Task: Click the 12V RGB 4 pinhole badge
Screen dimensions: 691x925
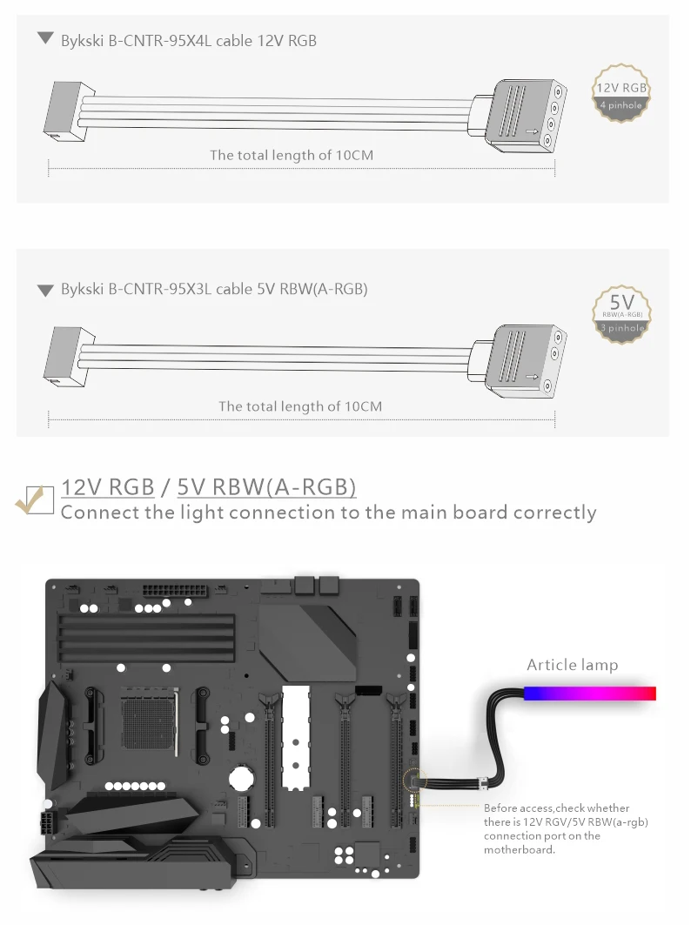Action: click(x=621, y=93)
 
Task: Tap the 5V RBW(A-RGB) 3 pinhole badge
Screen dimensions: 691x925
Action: click(x=621, y=312)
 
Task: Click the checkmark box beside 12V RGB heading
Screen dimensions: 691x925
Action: click(x=36, y=499)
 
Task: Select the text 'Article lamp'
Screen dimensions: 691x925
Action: click(x=572, y=665)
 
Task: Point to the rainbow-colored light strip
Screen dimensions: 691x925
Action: click(x=589, y=693)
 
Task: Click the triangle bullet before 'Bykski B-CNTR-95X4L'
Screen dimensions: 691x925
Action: click(x=45, y=39)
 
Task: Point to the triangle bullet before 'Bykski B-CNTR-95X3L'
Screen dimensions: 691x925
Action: click(x=45, y=290)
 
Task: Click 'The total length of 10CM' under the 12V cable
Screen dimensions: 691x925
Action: click(x=292, y=155)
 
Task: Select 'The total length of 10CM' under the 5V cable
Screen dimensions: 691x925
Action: click(x=300, y=406)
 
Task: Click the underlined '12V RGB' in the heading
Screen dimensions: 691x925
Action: click(x=108, y=486)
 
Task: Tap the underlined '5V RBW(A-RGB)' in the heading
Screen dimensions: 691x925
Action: click(x=266, y=486)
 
